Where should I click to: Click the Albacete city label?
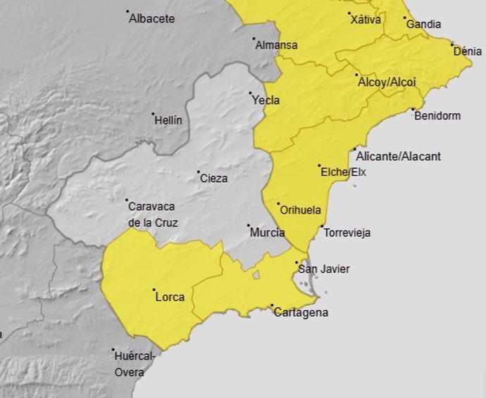click(152, 19)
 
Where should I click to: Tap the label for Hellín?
click(169, 120)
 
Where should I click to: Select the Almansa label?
click(276, 45)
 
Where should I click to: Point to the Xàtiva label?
click(366, 20)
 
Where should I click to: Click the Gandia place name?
click(424, 25)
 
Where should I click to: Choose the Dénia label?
click(468, 51)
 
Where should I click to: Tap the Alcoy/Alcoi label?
click(387, 82)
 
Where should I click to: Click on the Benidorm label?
click(437, 116)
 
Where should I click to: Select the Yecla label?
click(266, 101)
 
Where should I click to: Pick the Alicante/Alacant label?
click(399, 156)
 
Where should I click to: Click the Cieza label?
click(213, 179)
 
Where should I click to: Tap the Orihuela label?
click(300, 210)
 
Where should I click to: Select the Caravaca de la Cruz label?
click(153, 214)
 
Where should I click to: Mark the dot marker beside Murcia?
click(249, 226)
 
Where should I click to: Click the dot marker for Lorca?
click(154, 290)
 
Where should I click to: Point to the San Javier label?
click(324, 269)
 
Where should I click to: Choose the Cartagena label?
click(301, 313)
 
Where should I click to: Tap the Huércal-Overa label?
click(133, 364)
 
